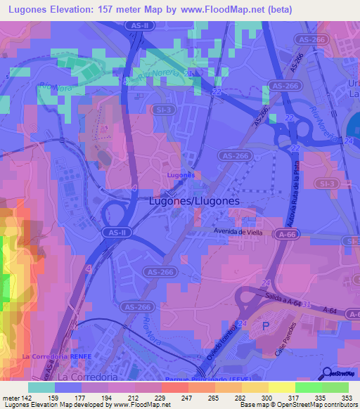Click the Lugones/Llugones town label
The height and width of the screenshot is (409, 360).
point(195,200)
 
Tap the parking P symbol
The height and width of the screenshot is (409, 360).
point(265,326)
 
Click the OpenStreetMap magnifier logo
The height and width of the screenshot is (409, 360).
point(327,372)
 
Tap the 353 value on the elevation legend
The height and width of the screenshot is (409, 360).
point(346,398)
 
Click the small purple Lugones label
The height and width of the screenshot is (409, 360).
point(181,174)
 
